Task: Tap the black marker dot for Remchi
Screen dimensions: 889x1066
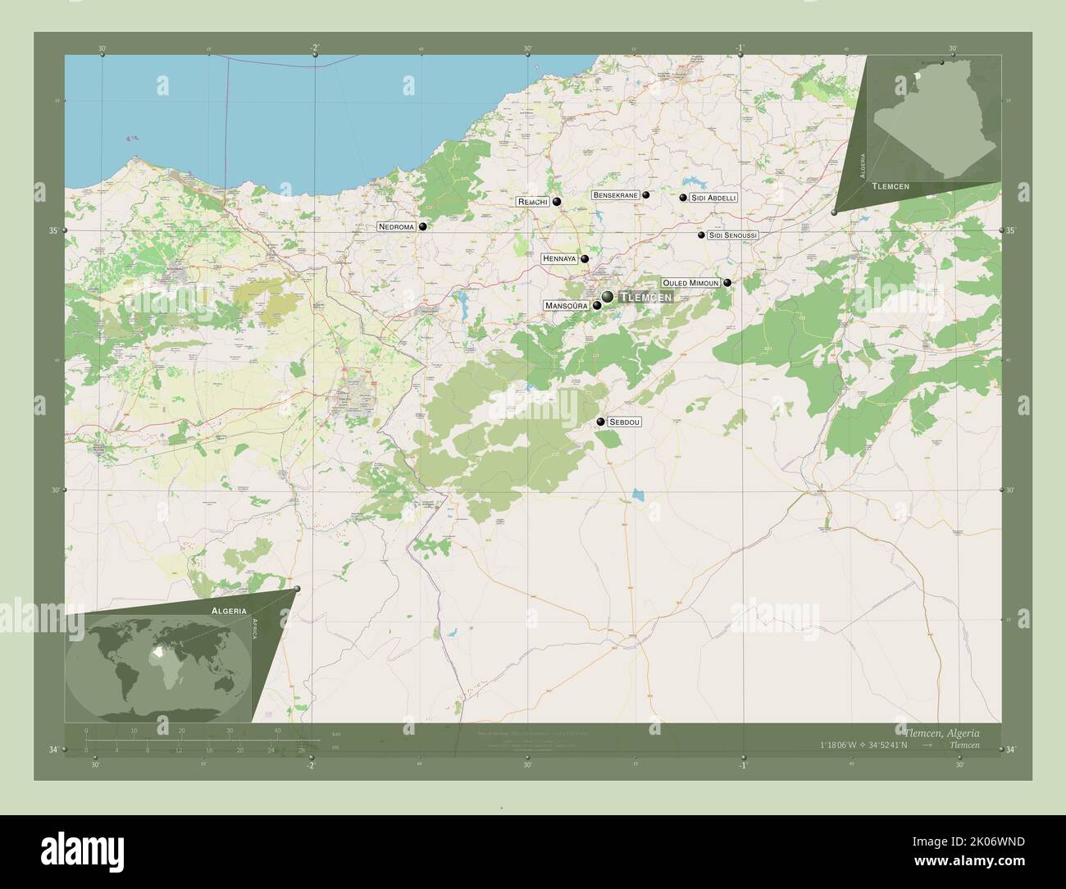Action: pos(557,202)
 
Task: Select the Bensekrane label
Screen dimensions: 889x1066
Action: pos(615,195)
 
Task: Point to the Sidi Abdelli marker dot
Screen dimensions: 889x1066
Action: pos(683,198)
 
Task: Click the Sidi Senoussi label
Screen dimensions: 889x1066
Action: pos(733,235)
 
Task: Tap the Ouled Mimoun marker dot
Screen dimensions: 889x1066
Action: pos(727,283)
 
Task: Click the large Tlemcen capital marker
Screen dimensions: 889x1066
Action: pos(608,296)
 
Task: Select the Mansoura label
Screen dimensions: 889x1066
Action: pos(567,306)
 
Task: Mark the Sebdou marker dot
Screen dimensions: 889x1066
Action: pos(601,422)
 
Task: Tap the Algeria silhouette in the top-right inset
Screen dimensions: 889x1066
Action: pos(935,123)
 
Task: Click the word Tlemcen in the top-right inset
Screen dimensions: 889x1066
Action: pos(891,187)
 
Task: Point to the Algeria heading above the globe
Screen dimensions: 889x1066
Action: pos(228,611)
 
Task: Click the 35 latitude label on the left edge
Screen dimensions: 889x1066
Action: pos(53,231)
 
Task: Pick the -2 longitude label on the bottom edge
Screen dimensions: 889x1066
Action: pos(310,766)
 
